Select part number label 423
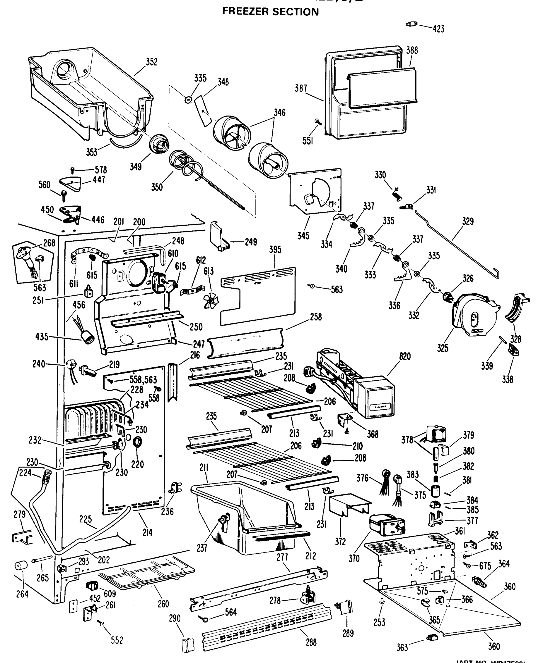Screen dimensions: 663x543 pos(438,29)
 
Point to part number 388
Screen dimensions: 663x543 pos(412,50)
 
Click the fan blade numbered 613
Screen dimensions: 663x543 pos(211,301)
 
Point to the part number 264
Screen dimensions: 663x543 pos(22,594)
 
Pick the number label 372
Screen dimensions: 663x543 pos(340,541)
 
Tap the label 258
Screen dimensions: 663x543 pos(316,317)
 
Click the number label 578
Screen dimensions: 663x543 pos(101,170)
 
